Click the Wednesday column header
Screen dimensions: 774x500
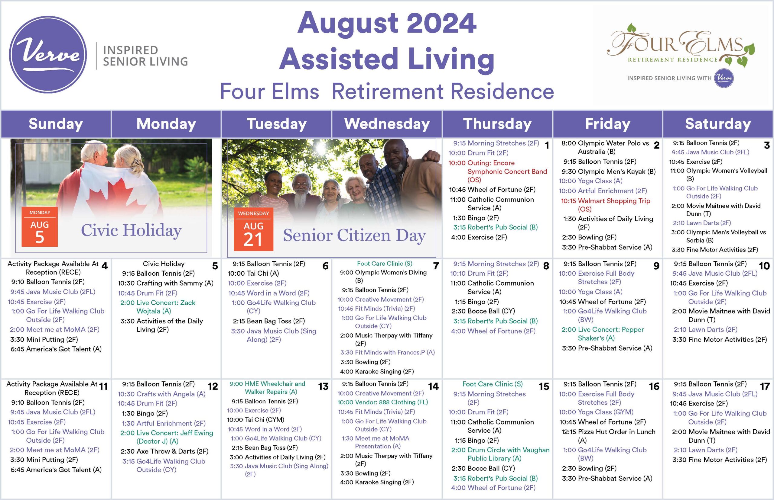click(x=387, y=124)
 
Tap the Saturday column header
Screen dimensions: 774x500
click(x=718, y=124)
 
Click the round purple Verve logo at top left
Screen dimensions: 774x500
click(x=48, y=55)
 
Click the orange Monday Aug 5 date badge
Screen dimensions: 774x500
click(x=40, y=227)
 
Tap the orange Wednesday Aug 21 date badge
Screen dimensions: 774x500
click(x=254, y=229)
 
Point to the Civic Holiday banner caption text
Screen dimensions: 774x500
click(x=131, y=230)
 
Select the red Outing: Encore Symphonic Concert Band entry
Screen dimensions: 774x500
click(x=498, y=171)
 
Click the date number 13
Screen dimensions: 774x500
click(x=324, y=386)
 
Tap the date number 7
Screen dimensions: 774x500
click(x=436, y=266)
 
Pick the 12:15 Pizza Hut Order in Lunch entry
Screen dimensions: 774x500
click(x=608, y=436)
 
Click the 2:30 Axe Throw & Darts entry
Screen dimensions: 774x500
click(x=164, y=451)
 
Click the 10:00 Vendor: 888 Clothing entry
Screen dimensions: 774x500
click(x=382, y=402)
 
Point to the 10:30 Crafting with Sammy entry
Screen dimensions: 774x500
click(x=165, y=283)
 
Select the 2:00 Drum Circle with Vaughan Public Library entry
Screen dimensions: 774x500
click(x=500, y=454)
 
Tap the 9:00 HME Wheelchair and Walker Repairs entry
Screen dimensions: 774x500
click(x=267, y=388)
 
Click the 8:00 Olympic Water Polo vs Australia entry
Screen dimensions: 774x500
click(x=605, y=147)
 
